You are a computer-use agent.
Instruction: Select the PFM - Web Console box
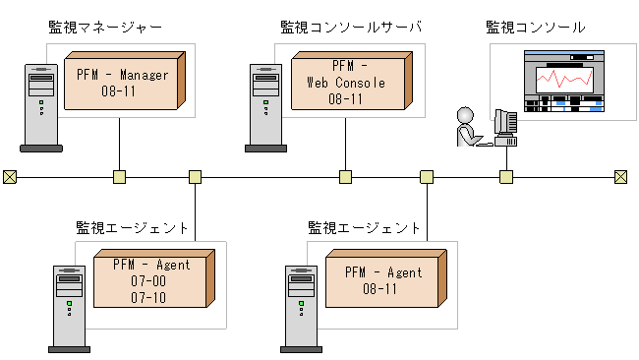(x=346, y=83)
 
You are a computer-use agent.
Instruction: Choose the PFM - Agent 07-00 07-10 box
(x=150, y=280)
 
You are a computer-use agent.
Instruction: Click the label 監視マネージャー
(x=105, y=27)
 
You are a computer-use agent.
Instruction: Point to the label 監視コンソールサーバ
(x=350, y=27)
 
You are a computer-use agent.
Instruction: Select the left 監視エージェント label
(x=133, y=227)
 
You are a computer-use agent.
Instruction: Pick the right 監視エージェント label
(x=365, y=227)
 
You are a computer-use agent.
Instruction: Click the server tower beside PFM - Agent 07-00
(x=70, y=307)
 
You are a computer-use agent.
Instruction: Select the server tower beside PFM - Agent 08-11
(x=301, y=307)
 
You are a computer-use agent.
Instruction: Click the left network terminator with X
(x=10, y=177)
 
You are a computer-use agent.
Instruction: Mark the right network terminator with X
(x=620, y=177)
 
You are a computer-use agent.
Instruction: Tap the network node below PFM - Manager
(x=119, y=177)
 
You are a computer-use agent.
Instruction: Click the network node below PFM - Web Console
(x=345, y=177)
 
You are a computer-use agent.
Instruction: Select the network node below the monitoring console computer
(x=506, y=177)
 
